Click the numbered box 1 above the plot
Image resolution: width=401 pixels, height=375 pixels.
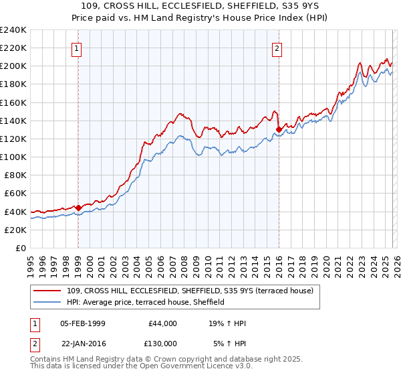78,48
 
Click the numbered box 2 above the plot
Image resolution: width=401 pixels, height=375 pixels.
277,48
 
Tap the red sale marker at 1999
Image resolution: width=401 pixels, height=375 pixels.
78,208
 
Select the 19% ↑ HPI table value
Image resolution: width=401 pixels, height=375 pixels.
228,323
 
